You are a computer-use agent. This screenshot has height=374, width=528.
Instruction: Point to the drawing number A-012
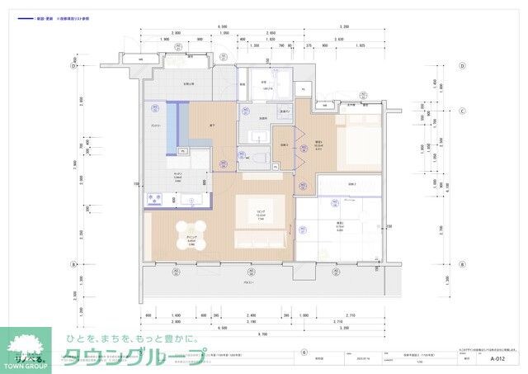pyautogui.click(x=497, y=359)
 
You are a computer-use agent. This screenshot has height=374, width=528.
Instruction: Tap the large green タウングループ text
pyautogui.click(x=136, y=357)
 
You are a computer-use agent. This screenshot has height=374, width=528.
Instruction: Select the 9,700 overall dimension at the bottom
pyautogui.click(x=262, y=333)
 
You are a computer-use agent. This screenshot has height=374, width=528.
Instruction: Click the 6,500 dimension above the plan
pyautogui.click(x=223, y=27)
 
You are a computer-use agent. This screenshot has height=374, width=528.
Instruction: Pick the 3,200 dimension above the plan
pyautogui.click(x=343, y=27)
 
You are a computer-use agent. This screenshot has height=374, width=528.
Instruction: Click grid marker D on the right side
pyautogui.click(x=463, y=66)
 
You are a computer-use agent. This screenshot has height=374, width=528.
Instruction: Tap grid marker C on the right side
pyautogui.click(x=463, y=111)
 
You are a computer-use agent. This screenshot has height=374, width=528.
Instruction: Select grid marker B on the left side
pyautogui.click(x=74, y=264)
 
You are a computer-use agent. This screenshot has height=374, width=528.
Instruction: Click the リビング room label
pyautogui.click(x=261, y=212)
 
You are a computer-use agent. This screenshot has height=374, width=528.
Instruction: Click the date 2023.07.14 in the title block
pyautogui.click(x=364, y=359)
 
